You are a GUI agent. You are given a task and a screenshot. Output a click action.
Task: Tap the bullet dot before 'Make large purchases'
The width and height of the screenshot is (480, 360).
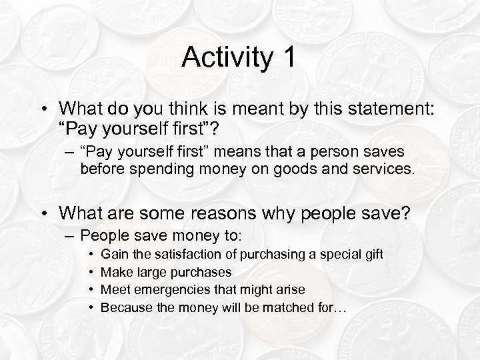coord(90,271)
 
